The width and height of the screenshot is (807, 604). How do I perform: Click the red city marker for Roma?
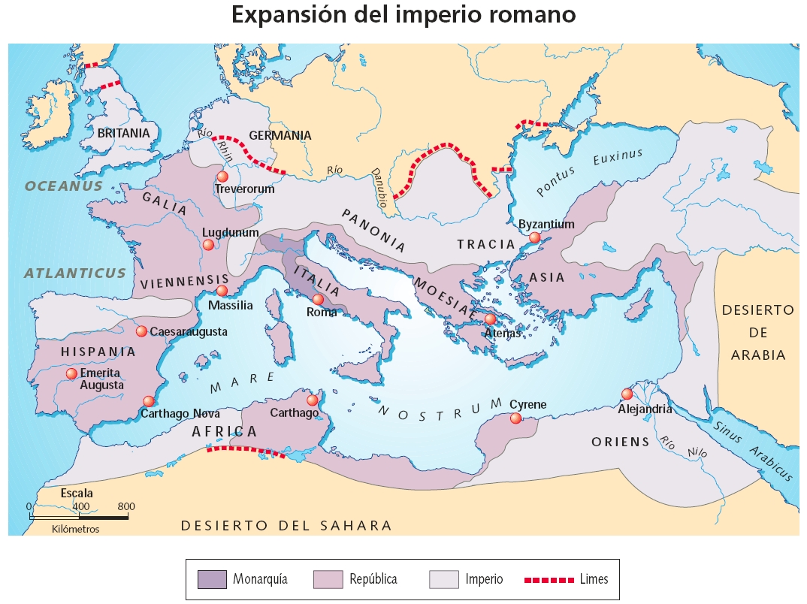(318, 300)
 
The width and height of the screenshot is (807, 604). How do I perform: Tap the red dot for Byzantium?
(534, 237)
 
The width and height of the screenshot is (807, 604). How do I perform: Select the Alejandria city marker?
(627, 394)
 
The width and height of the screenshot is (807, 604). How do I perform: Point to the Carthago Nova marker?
(149, 401)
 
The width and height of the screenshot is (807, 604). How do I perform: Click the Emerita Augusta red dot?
(71, 373)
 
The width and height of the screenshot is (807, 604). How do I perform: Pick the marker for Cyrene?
(515, 418)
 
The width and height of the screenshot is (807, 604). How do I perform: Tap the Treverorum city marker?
(222, 176)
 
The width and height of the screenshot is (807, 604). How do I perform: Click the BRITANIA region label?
(124, 132)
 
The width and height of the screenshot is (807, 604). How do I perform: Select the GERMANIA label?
(280, 136)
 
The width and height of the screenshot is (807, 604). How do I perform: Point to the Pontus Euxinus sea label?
(589, 172)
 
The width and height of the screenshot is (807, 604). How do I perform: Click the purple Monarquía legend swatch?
(211, 579)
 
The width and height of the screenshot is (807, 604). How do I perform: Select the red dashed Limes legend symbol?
(544, 579)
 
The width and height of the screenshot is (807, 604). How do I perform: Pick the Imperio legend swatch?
(443, 579)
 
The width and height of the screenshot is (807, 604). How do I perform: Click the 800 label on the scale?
(126, 506)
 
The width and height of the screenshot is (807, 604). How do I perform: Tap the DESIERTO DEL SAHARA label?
(286, 525)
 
